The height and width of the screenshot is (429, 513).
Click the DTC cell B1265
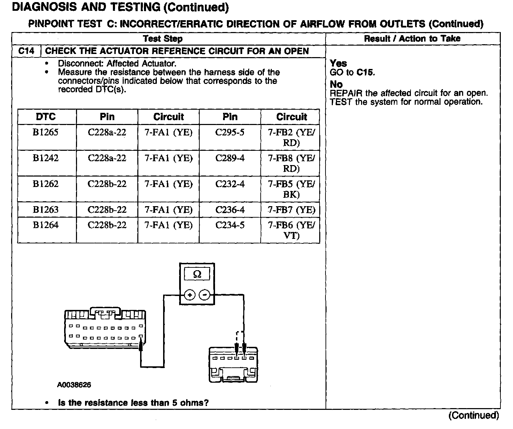[46, 133]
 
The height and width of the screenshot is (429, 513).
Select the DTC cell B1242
[46, 158]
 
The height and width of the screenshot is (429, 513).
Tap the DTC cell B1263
[46, 210]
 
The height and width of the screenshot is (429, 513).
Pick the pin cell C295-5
[230, 133]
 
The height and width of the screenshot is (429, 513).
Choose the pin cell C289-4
[230, 158]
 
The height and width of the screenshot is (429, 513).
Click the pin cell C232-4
[230, 184]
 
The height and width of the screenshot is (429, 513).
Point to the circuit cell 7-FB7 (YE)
[291, 210]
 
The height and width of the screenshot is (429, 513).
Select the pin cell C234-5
[230, 225]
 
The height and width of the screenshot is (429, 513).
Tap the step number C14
[26, 51]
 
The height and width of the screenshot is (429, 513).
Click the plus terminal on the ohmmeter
[190, 295]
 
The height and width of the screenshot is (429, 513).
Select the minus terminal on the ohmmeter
[204, 295]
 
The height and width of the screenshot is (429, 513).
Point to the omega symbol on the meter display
[197, 274]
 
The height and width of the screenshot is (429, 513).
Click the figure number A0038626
[74, 385]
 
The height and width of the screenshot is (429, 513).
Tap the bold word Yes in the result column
[338, 63]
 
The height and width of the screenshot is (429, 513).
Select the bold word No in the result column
[336, 84]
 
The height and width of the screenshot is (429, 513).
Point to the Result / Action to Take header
[412, 39]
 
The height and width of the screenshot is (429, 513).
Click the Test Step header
[163, 39]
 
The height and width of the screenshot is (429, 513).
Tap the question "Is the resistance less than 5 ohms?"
[133, 403]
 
